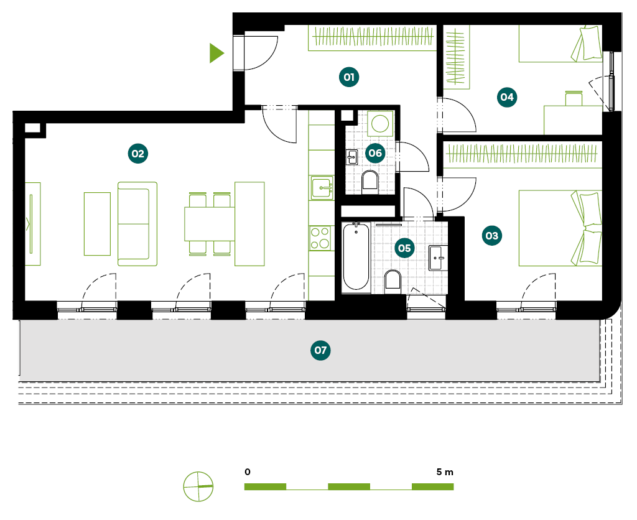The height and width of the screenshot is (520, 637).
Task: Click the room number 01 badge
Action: click(x=349, y=77)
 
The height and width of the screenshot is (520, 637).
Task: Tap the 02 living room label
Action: click(x=137, y=153)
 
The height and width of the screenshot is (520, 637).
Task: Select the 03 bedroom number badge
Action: click(x=492, y=236)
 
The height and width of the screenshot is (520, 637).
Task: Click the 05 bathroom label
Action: click(x=404, y=248)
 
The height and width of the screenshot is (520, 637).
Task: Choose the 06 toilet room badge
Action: click(x=374, y=152)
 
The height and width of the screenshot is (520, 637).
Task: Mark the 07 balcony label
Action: click(x=320, y=351)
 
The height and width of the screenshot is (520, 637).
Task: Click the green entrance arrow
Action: click(x=216, y=53)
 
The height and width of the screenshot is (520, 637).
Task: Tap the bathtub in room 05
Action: click(x=356, y=256)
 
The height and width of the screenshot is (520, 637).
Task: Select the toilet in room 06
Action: click(x=370, y=181)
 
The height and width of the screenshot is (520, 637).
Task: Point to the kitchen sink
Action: click(x=321, y=187)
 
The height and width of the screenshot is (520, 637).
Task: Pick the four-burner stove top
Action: click(x=321, y=238)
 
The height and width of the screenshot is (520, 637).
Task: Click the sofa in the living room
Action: click(x=137, y=224)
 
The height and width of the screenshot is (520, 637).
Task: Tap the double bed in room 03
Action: click(x=560, y=228)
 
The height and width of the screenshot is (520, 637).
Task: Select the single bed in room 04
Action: click(x=560, y=44)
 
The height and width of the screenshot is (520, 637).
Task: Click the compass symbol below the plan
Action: click(x=198, y=486)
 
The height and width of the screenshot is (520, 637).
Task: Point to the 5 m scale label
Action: click(x=445, y=472)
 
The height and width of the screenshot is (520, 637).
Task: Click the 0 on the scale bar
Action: click(x=248, y=472)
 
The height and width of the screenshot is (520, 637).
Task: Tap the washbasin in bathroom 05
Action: click(x=438, y=257)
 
